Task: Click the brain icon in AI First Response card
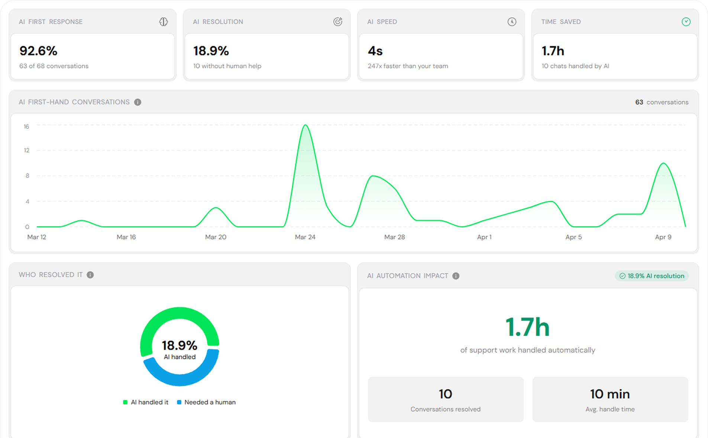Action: coord(164,22)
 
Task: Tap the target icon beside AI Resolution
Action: coord(337,22)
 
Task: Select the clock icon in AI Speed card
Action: coord(512,22)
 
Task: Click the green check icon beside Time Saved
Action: coord(686,22)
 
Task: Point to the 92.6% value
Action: coord(38,51)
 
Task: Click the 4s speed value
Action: coord(375,51)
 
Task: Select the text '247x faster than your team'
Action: coord(408,66)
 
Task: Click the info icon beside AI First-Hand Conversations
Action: coord(138,102)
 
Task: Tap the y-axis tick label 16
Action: coord(26,127)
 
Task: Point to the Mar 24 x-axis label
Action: coord(305,237)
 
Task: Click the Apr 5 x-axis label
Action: coord(573,237)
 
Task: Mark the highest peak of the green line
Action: coord(305,125)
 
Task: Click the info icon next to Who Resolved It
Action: coord(90,275)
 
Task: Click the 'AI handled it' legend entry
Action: coord(146,402)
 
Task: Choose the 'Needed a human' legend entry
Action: coord(206,402)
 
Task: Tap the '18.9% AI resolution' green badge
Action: coord(652,276)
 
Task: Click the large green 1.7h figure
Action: coord(527,328)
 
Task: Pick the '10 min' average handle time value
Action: coord(610,394)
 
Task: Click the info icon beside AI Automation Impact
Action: coord(456,276)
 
